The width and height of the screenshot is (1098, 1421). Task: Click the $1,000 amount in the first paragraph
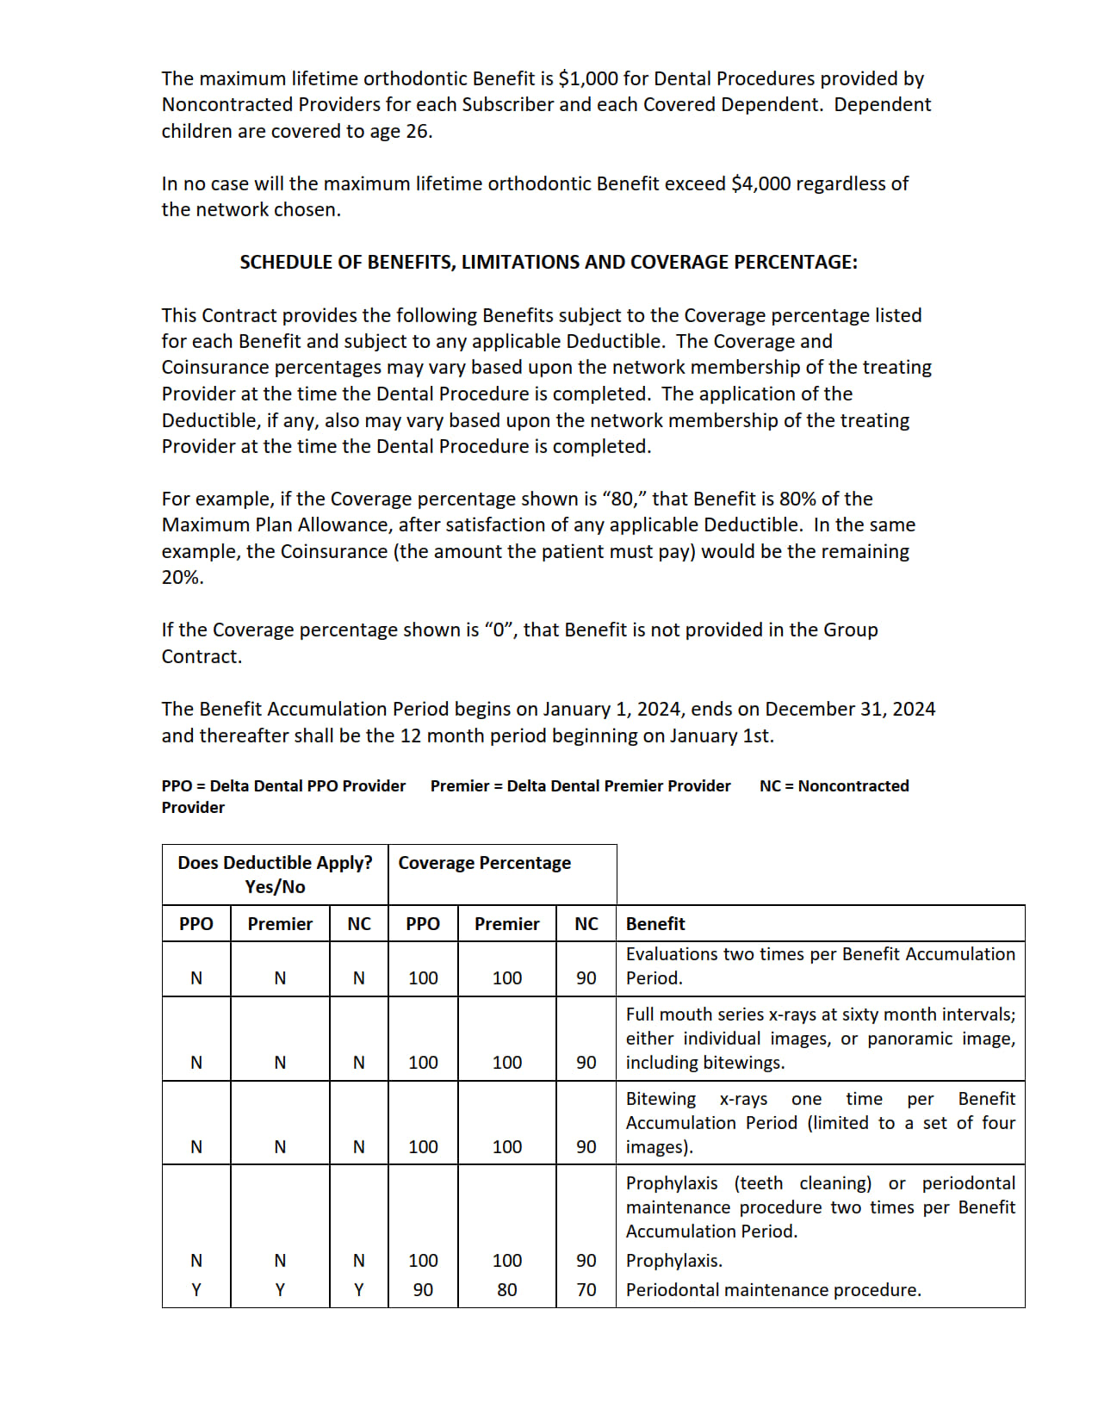[588, 78]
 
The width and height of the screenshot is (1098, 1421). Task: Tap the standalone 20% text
[183, 577]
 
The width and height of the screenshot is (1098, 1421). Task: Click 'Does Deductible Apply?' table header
[275, 862]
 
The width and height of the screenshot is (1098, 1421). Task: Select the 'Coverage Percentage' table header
[484, 862]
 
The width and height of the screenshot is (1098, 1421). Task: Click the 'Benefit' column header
[655, 923]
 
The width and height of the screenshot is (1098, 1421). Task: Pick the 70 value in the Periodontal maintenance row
[586, 1289]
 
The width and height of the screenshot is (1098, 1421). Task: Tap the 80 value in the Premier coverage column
[507, 1289]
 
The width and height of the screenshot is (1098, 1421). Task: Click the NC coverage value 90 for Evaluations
[586, 977]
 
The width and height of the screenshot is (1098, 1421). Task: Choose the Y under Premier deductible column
[280, 1289]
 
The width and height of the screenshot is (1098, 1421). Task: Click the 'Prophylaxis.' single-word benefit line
[674, 1260]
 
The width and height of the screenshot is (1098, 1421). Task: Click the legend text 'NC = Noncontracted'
[834, 785]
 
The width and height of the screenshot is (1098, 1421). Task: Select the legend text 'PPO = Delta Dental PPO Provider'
[283, 785]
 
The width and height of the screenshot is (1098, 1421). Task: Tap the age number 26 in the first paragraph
[417, 131]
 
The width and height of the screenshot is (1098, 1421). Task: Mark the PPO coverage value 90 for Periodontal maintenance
[423, 1289]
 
